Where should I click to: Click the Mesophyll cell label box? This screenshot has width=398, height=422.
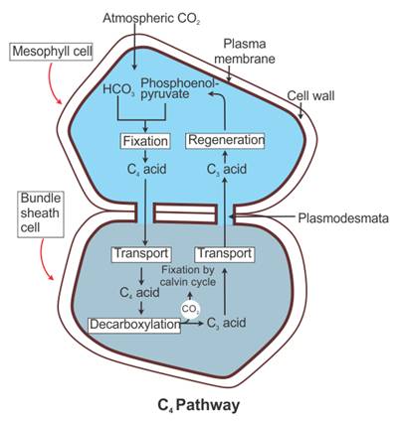tap(52, 52)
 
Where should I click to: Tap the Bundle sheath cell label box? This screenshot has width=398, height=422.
tap(41, 212)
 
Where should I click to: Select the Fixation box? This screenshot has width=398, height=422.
tap(145, 141)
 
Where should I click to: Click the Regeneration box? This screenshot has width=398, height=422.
tap(226, 140)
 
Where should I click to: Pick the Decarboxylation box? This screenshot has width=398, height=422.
tap(134, 325)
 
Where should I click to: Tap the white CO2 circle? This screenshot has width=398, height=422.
tap(190, 310)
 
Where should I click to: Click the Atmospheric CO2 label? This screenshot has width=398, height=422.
tap(152, 18)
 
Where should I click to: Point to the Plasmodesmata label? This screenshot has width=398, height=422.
tap(343, 218)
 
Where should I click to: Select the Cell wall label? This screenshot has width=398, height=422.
tap(310, 95)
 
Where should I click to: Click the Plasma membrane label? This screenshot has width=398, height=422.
tap(245, 52)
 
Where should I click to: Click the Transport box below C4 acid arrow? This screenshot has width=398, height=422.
tap(141, 254)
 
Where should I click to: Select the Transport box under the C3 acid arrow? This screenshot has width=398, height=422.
tap(225, 254)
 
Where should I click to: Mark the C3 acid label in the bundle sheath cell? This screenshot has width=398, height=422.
tap(226, 323)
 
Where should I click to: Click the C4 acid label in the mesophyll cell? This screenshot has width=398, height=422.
tap(146, 169)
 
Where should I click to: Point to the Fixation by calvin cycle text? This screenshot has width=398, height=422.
tap(188, 276)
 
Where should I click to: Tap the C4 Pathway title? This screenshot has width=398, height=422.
tap(199, 405)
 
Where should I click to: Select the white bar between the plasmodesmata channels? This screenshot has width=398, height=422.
tap(185, 213)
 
